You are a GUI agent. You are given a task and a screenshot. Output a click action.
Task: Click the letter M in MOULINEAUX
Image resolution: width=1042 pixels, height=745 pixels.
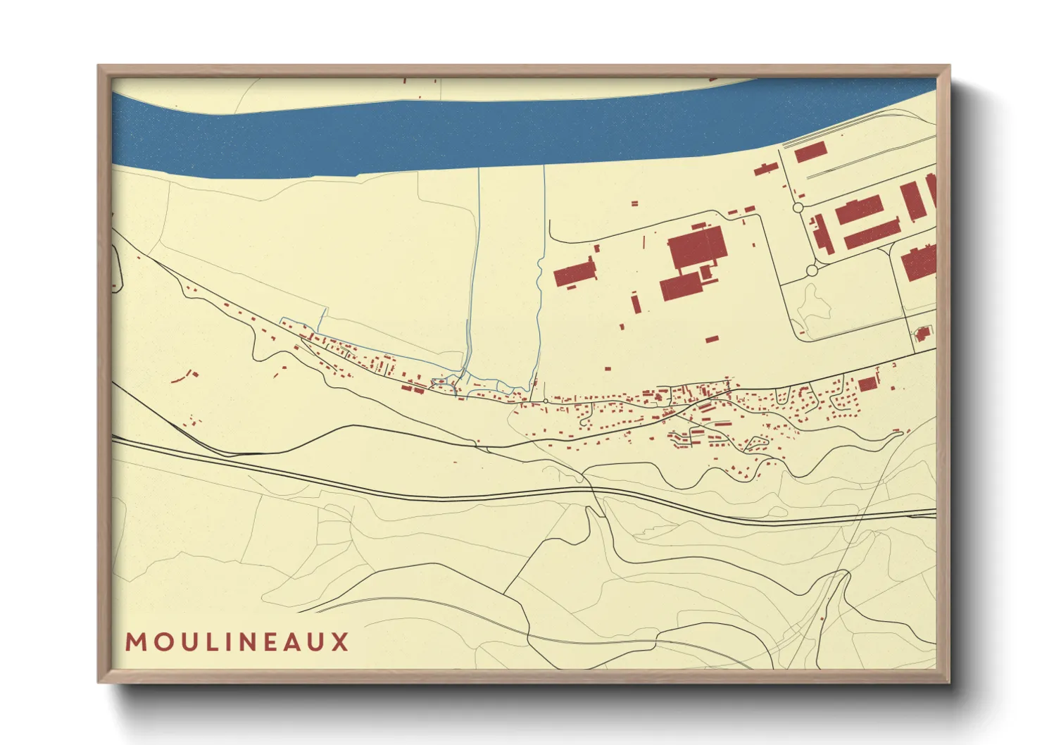[x=135, y=642]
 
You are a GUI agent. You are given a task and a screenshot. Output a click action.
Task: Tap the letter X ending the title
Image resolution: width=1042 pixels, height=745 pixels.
[x=341, y=642]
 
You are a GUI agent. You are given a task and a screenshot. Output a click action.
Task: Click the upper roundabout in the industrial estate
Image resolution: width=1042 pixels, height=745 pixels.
[x=798, y=208]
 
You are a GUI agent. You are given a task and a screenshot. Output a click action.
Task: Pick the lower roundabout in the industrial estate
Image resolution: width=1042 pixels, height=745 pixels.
[x=812, y=270]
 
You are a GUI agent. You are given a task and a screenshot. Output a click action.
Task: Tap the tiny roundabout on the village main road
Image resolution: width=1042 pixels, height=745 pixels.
[x=546, y=401]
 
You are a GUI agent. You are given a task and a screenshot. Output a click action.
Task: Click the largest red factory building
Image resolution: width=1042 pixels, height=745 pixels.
[x=696, y=247]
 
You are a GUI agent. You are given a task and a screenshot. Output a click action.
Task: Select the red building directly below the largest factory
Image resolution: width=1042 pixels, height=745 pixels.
[x=682, y=287]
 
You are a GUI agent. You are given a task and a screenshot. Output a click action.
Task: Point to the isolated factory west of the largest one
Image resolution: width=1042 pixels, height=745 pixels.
[x=575, y=273]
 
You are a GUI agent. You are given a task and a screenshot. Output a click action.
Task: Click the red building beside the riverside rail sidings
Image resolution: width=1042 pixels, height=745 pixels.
[x=810, y=152]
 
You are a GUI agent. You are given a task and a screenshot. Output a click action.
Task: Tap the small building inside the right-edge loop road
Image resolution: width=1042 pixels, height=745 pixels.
[x=922, y=333]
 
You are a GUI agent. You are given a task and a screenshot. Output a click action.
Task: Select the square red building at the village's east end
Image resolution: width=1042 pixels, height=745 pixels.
[x=867, y=383]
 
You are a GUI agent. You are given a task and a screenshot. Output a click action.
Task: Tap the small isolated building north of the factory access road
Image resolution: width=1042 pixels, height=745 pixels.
[x=634, y=204]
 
